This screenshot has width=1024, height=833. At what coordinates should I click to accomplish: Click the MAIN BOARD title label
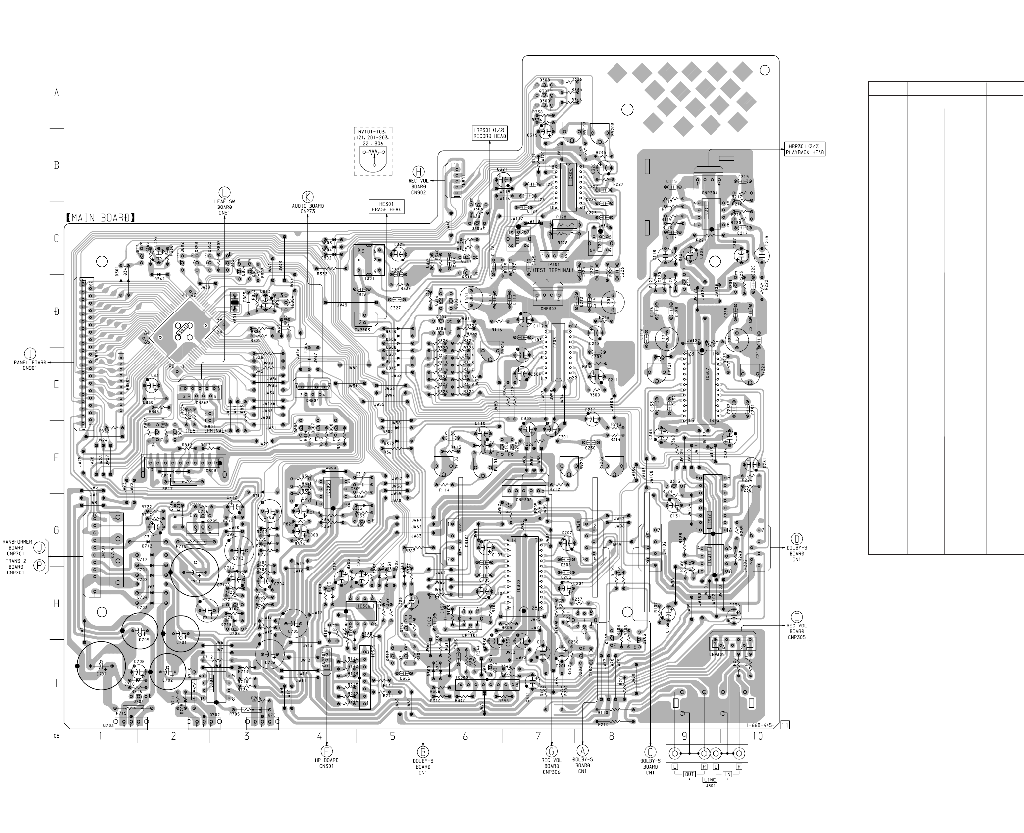click(100, 218)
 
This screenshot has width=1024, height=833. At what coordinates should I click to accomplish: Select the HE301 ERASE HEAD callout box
click(386, 207)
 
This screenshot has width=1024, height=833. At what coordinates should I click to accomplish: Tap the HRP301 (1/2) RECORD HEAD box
click(490, 133)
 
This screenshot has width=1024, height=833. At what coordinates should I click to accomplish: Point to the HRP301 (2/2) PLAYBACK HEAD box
click(805, 149)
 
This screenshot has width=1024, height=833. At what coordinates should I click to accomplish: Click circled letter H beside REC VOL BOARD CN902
click(419, 172)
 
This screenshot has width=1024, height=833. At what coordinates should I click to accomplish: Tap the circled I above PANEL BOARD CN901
click(31, 353)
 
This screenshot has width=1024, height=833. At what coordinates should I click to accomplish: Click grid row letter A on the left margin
click(56, 93)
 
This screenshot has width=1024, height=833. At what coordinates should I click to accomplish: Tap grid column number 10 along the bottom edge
click(757, 736)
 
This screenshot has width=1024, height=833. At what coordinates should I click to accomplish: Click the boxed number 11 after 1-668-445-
click(785, 726)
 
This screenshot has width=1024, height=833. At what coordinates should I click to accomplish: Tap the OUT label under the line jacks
click(689, 773)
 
